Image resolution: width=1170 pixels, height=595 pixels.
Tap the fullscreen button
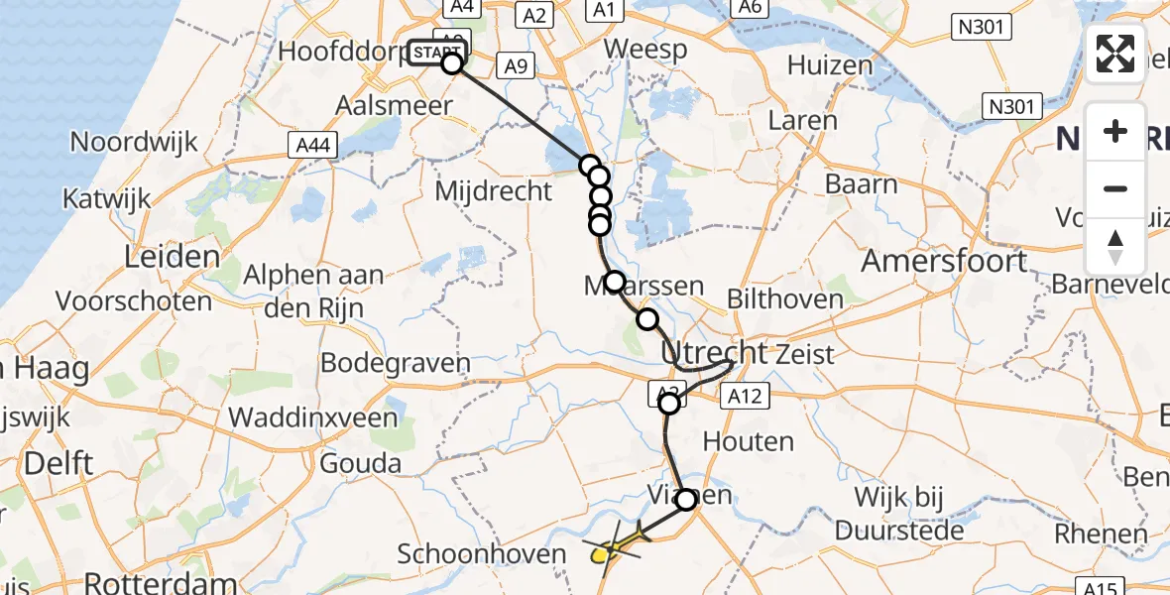click(x=1115, y=54)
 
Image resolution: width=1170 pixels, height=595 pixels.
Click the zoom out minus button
click(x=1115, y=188)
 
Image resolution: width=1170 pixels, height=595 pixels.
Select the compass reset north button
click(x=1115, y=246)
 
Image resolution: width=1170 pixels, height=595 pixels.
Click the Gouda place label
click(x=361, y=463)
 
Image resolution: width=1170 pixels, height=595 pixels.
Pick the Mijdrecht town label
click(x=493, y=190)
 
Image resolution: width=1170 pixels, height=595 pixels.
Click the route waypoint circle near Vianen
click(x=686, y=500)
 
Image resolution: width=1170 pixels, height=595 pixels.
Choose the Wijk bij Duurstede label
click(x=899, y=514)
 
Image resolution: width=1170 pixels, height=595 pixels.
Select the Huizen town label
click(x=830, y=65)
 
